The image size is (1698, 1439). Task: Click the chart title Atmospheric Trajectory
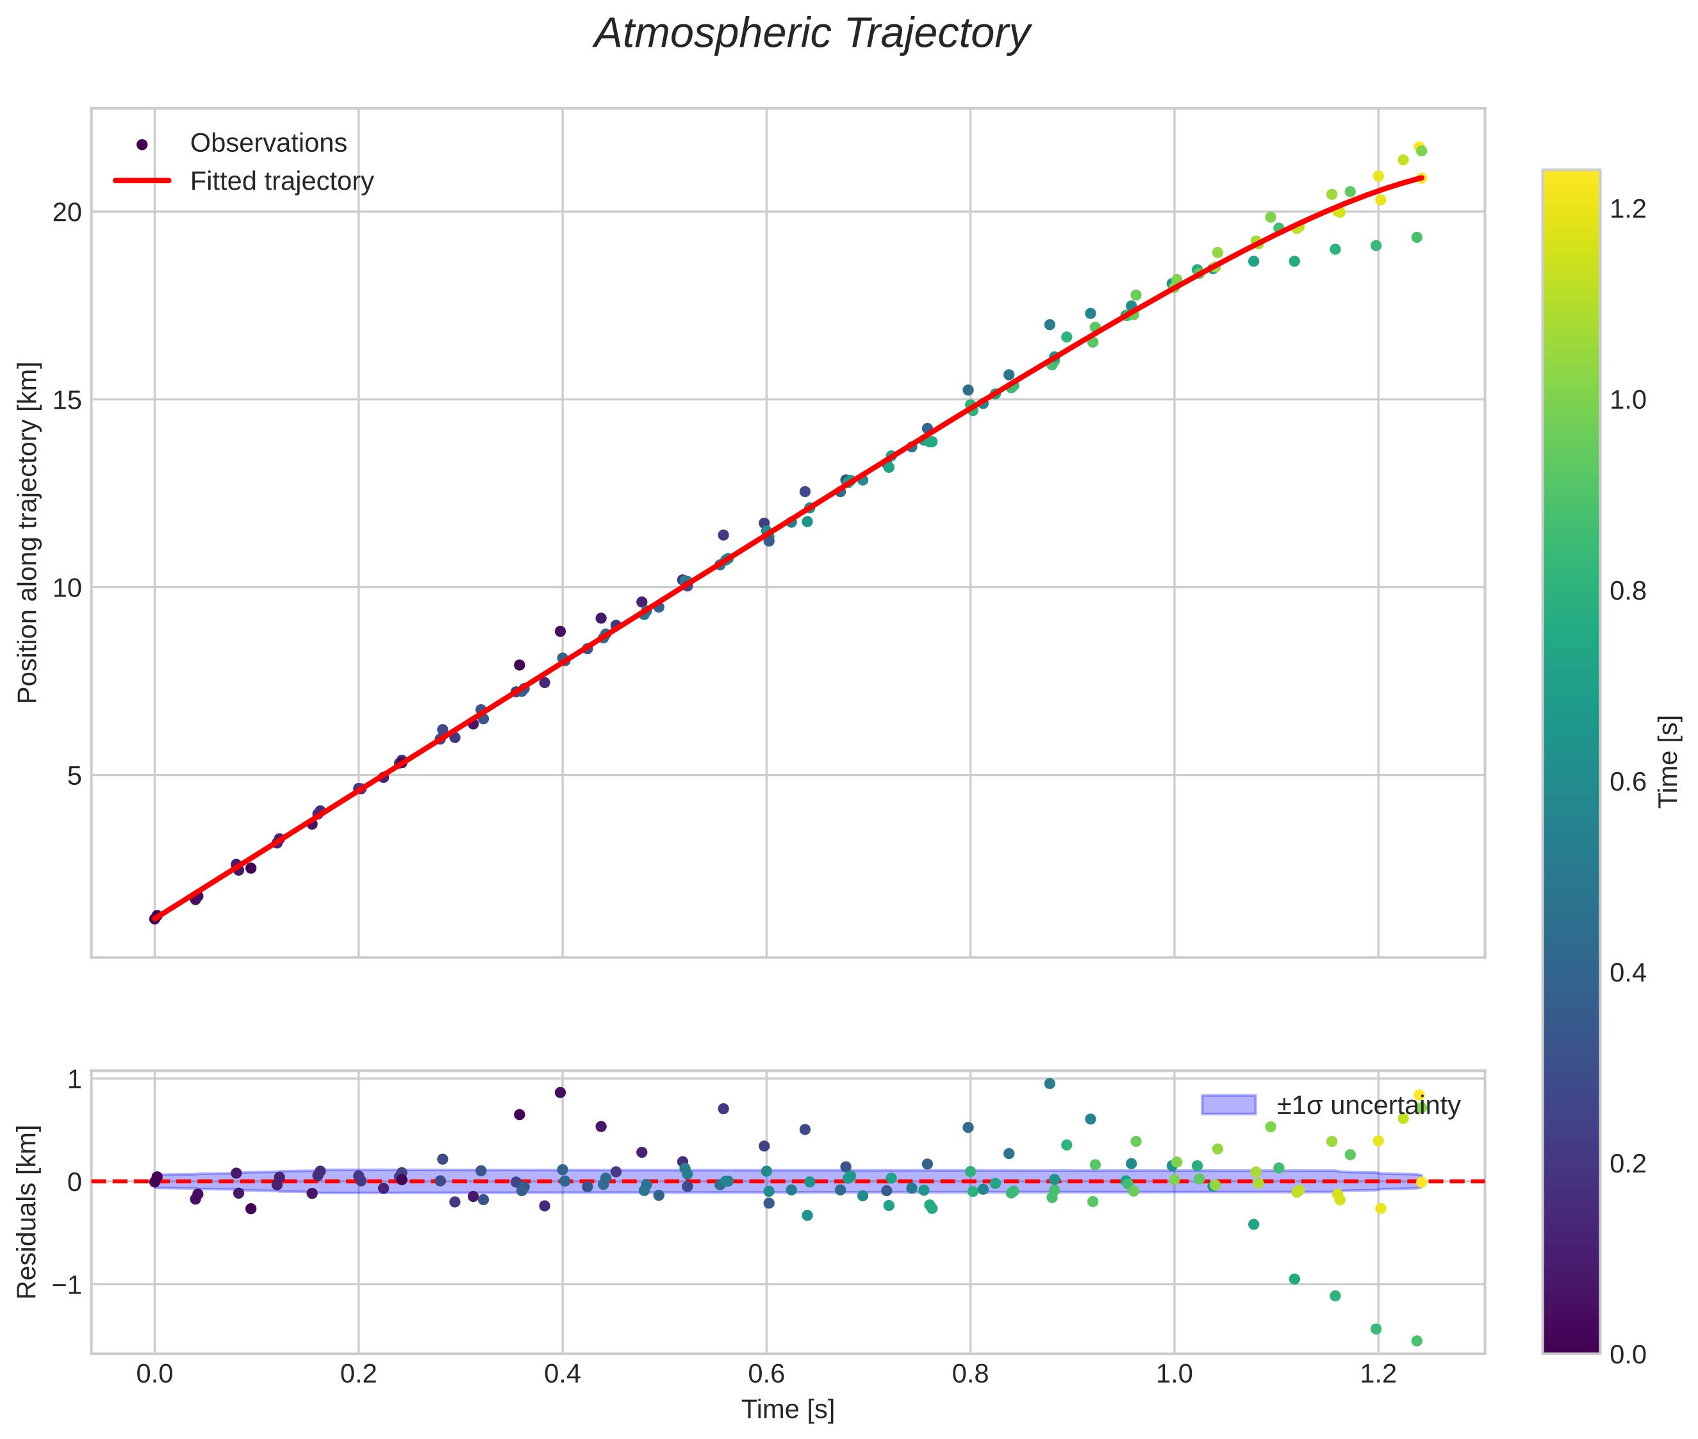point(812,34)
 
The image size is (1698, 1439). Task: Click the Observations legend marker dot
point(142,144)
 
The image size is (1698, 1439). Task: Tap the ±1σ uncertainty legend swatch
point(1228,1105)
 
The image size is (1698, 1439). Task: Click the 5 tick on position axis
point(75,775)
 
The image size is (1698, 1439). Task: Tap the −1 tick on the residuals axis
point(65,1285)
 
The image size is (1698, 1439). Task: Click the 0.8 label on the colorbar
point(1628,591)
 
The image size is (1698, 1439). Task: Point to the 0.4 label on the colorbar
point(1628,973)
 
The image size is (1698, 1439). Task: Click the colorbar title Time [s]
point(1669,761)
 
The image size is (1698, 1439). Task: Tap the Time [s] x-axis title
point(787,1410)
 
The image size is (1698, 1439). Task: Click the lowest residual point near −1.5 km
point(1417,1340)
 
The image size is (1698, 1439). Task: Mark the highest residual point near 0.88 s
point(1050,1083)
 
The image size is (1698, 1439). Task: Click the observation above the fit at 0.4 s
point(560,631)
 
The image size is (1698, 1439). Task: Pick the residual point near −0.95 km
point(1294,1279)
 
